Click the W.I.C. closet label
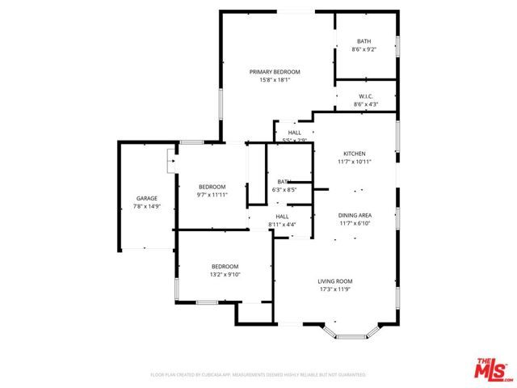click(x=365, y=96)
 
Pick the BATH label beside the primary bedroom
click(x=365, y=41)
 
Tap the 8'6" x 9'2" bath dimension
click(x=365, y=49)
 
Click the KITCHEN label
click(x=354, y=154)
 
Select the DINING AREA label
click(x=354, y=214)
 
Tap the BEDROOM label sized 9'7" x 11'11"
click(x=212, y=187)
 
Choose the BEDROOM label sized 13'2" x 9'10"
click(x=225, y=267)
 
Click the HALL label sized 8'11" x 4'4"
click(x=283, y=216)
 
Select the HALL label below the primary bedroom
click(x=294, y=133)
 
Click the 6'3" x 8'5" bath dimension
click(x=284, y=190)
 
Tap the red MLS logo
click(x=490, y=367)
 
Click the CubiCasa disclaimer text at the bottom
click(x=258, y=375)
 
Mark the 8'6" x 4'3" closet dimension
click(x=365, y=104)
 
